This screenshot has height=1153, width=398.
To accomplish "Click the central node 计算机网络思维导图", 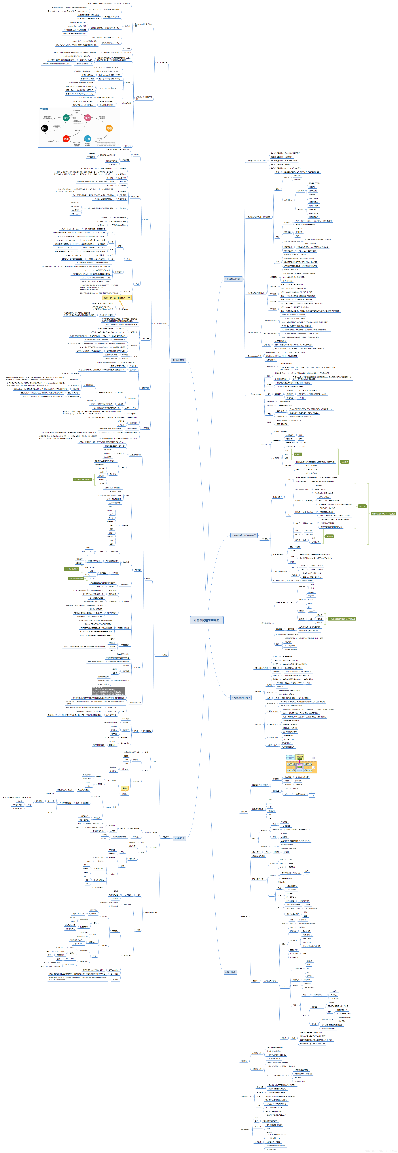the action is click(207, 620).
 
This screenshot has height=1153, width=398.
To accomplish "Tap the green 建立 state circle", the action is click(66, 118).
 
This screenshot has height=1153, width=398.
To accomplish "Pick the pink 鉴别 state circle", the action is click(88, 118).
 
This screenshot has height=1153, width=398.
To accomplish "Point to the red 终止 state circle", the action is click(66, 139).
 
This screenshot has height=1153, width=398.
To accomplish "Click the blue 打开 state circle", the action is click(88, 139).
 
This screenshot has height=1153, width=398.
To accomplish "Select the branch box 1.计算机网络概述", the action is click(233, 279).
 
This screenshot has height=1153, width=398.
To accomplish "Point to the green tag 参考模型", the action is click(298, 454).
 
